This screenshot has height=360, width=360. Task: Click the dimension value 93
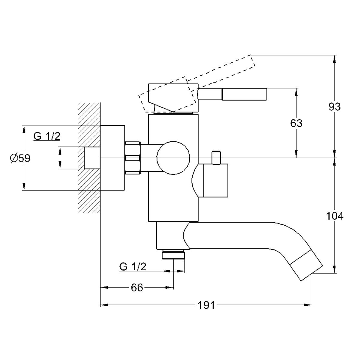point(334,107)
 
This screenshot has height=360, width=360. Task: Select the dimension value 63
point(296,123)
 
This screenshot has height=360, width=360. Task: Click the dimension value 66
point(137,287)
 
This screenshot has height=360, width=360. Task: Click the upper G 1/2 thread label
point(47,136)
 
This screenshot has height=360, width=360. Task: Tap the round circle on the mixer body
point(173,158)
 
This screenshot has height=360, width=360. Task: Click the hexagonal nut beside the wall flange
point(133,158)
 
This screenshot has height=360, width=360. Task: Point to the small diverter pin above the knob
point(216,158)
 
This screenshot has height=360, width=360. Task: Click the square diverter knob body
point(216,181)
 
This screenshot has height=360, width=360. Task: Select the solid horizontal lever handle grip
point(244,94)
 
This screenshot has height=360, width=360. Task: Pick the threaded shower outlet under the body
point(173,254)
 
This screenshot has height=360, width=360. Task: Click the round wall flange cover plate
point(112,158)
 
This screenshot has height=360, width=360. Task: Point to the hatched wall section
point(89,158)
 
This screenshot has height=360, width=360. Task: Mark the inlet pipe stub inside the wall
point(92,158)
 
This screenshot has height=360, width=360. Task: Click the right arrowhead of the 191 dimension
point(308,305)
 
